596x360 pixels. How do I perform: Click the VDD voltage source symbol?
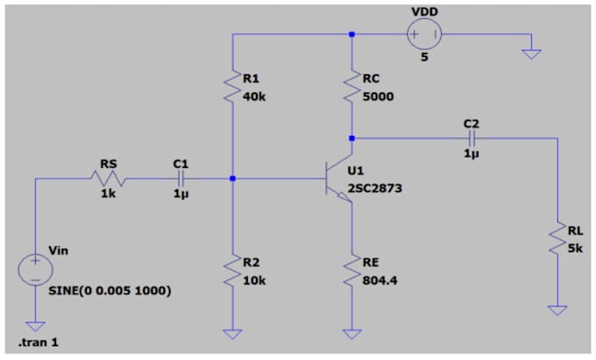(x=424, y=34)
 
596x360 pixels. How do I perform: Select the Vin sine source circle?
(x=35, y=270)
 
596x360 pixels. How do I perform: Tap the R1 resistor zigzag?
(x=232, y=87)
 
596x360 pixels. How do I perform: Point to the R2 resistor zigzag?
(x=232, y=271)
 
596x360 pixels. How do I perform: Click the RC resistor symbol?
(x=352, y=87)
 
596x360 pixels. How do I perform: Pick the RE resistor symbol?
(x=352, y=271)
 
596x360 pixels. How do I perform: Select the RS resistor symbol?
(x=109, y=179)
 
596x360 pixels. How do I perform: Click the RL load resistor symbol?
(x=557, y=238)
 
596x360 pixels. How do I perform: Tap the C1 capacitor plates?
(x=181, y=179)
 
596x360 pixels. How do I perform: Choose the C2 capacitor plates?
(x=472, y=138)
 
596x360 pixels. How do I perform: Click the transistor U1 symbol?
(x=338, y=179)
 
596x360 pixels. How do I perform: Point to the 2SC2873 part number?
(x=375, y=188)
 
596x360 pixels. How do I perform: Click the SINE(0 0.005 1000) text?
(x=110, y=291)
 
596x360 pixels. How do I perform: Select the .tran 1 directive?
(x=38, y=342)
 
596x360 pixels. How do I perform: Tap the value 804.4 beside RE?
(x=380, y=280)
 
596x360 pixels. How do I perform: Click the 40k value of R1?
(x=254, y=97)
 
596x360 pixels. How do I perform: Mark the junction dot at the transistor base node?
(x=232, y=179)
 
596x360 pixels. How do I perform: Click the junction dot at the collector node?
(x=352, y=138)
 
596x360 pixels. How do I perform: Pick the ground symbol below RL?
(x=557, y=310)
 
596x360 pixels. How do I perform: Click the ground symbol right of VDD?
(x=531, y=54)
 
